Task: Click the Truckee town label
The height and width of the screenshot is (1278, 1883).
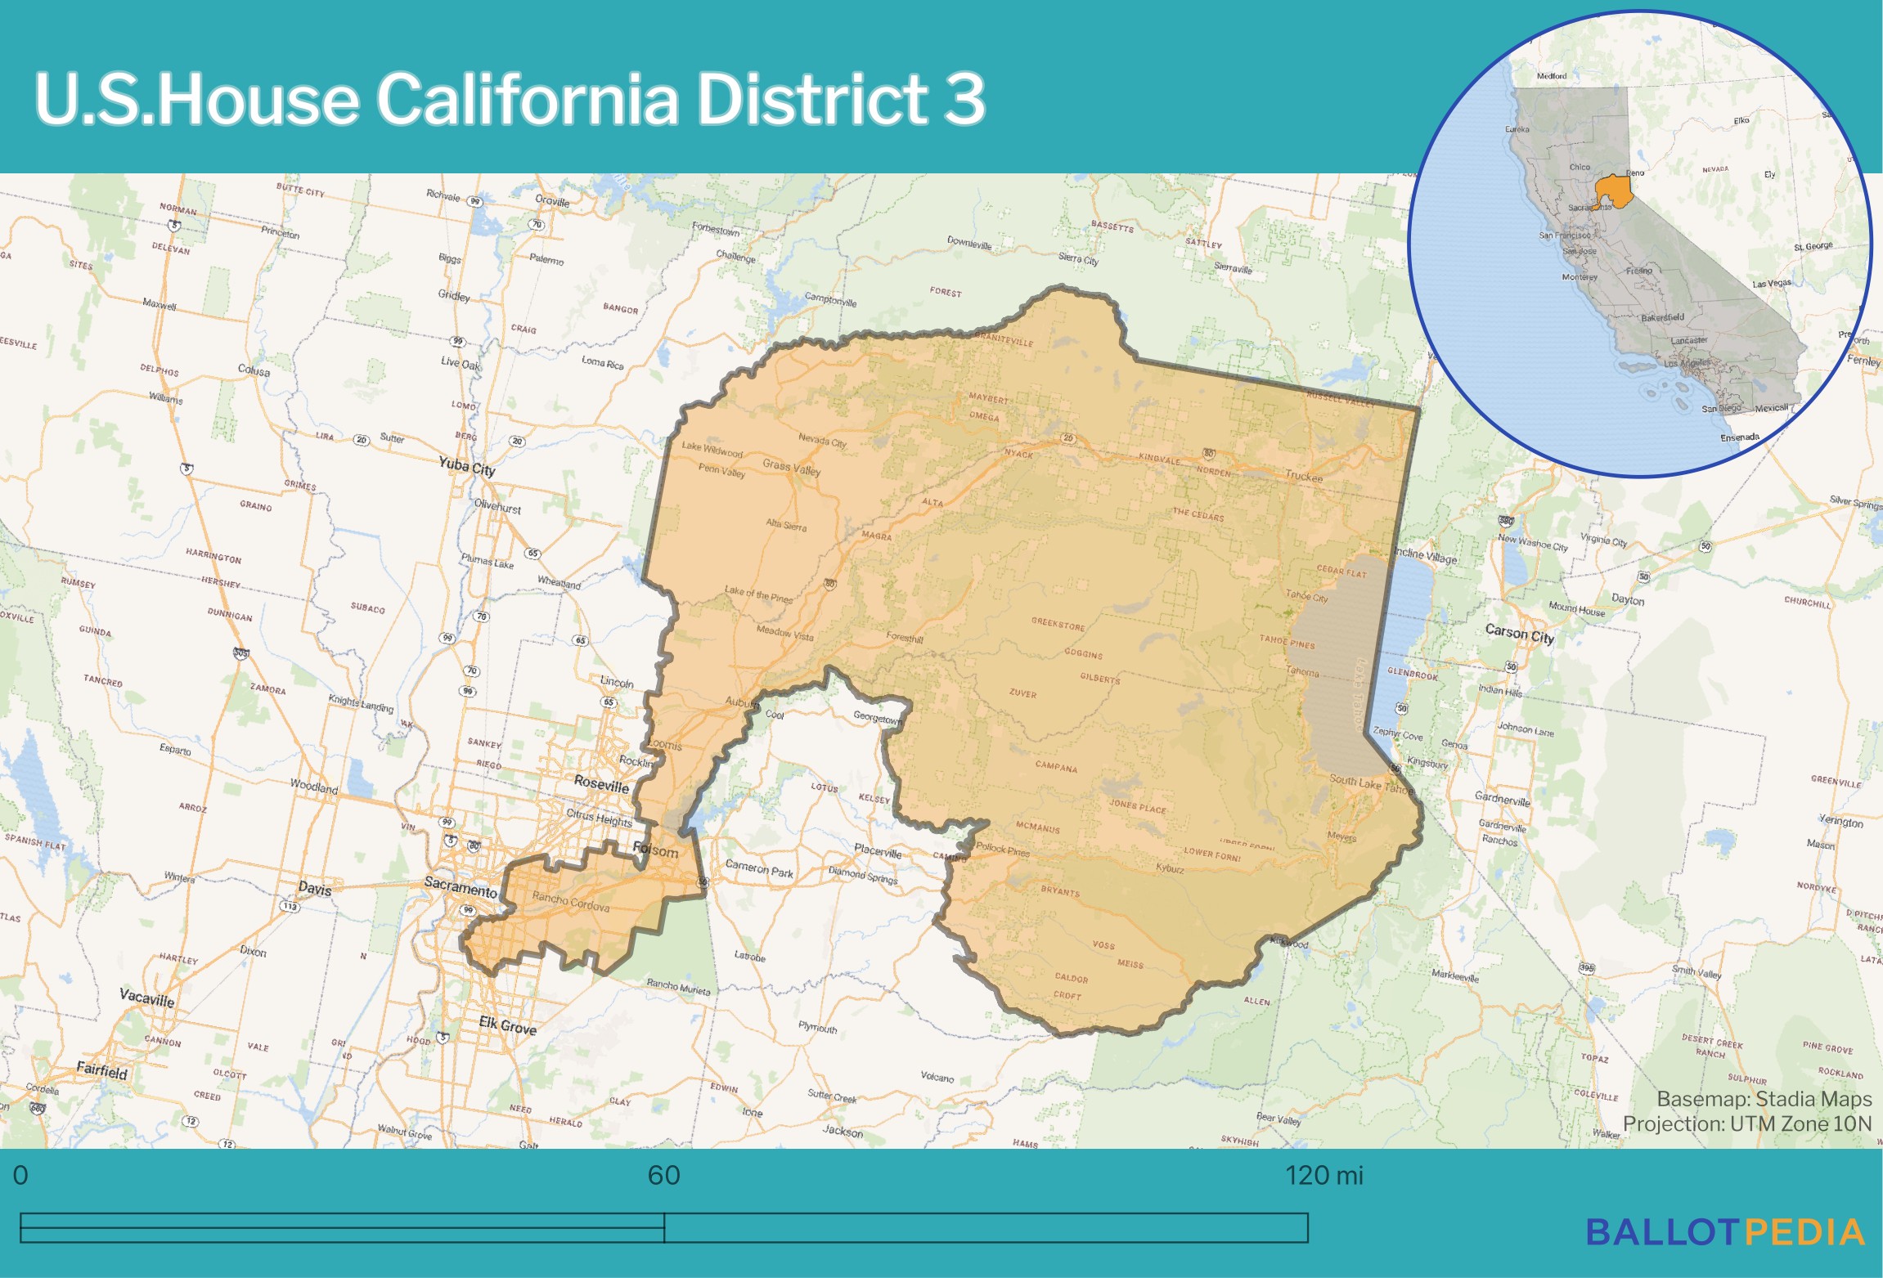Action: tap(1303, 476)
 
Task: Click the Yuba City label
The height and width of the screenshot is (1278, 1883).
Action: tap(466, 466)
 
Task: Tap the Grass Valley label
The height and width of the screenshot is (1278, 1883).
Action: tap(791, 467)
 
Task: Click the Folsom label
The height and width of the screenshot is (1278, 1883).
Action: tap(656, 850)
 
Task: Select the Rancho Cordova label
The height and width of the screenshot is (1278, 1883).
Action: tap(570, 901)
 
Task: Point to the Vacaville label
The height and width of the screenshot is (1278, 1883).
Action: tap(146, 998)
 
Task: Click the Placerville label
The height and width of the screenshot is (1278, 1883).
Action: tap(878, 851)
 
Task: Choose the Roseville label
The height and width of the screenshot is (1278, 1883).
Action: tap(601, 784)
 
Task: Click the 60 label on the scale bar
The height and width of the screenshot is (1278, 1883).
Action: tap(663, 1176)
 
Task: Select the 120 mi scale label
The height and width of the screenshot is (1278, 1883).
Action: tap(1323, 1176)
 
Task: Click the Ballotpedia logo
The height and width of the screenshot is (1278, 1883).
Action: tap(1724, 1232)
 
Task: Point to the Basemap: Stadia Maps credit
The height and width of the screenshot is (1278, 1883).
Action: tap(1764, 1099)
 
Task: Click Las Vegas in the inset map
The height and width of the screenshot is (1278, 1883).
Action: tap(1771, 284)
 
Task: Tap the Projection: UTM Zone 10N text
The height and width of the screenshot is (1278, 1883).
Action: tap(1746, 1124)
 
